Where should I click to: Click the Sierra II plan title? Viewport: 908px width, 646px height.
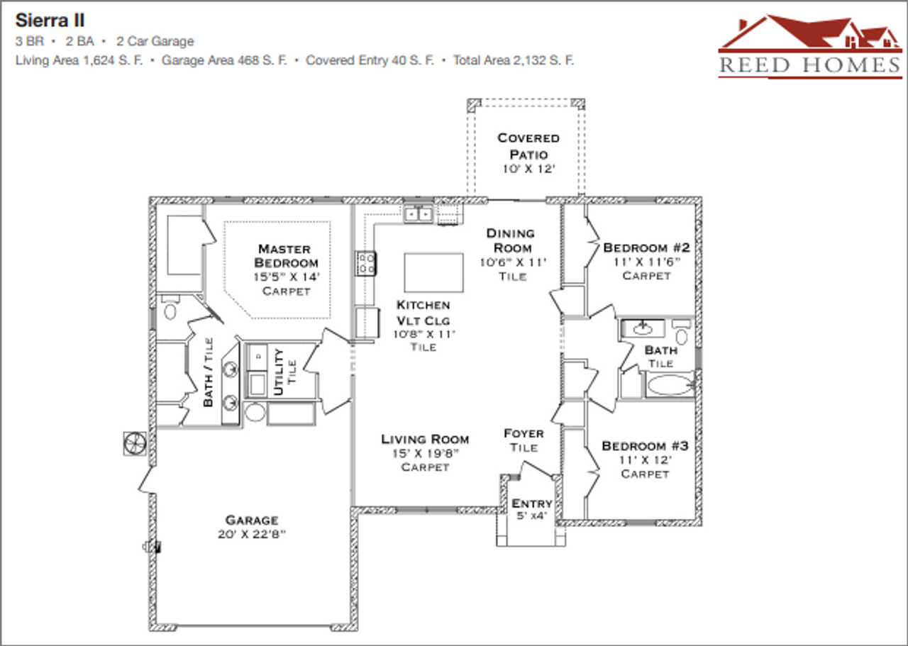[x=50, y=20]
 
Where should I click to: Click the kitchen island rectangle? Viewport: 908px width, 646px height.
[x=433, y=272]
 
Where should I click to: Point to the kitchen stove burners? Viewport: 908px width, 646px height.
[x=366, y=264]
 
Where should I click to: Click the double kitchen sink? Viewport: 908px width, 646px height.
[x=419, y=213]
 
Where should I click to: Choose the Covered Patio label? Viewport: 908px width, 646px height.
[x=528, y=146]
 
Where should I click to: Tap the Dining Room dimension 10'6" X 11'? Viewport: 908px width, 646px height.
[x=512, y=262]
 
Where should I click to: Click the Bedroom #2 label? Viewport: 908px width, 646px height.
[x=646, y=247]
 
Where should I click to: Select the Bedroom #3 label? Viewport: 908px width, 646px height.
[x=645, y=446]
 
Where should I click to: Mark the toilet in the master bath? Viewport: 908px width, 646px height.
[x=170, y=310]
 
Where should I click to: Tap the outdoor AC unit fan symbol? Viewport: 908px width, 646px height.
[x=134, y=444]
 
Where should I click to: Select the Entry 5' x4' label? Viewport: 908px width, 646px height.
[x=531, y=509]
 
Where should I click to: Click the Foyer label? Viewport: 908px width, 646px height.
[x=524, y=433]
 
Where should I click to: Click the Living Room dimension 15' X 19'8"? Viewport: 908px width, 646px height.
[x=425, y=453]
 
